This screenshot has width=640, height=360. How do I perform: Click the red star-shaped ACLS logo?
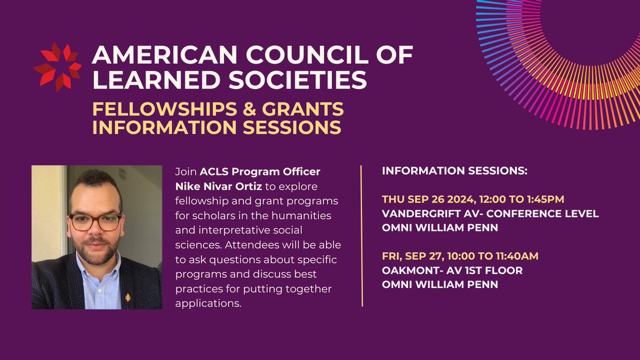(x=57, y=67)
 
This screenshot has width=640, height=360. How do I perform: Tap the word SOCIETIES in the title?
(x=295, y=81)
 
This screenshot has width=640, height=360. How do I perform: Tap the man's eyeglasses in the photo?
(x=96, y=221)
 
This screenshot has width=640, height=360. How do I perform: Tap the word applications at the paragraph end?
(x=207, y=303)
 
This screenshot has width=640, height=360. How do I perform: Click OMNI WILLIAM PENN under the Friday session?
(x=440, y=284)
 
